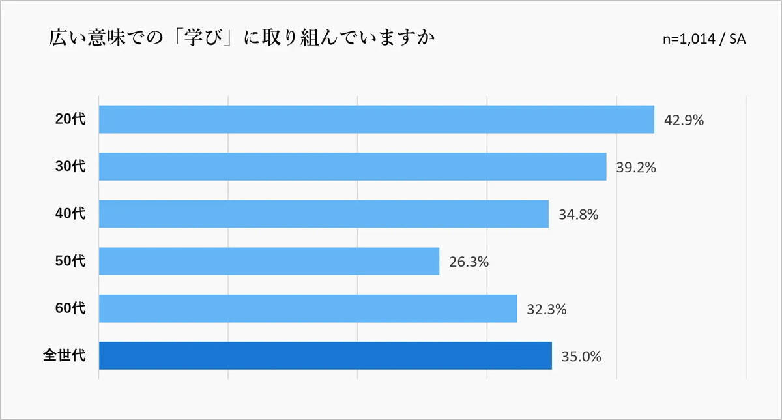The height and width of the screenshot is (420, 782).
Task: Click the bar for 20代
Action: click(376, 119)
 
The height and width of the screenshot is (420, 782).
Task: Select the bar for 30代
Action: click(353, 167)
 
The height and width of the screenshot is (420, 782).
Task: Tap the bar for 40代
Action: click(324, 214)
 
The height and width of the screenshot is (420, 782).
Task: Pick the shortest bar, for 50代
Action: click(269, 261)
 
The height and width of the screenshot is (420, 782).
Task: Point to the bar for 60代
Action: click(308, 308)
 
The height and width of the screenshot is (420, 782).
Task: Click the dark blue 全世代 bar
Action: click(325, 356)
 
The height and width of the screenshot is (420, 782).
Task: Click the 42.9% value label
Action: click(684, 121)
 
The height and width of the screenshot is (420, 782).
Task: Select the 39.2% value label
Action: click(636, 168)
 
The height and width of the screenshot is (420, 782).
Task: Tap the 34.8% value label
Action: click(578, 215)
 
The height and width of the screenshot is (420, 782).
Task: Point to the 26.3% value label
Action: click(469, 262)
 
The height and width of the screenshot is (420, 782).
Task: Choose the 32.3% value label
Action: click(546, 310)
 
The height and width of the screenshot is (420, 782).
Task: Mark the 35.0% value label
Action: click(581, 357)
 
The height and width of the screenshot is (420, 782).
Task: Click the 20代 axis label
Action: click(70, 119)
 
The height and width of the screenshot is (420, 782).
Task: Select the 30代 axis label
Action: click(70, 167)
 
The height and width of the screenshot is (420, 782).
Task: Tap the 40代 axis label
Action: click(70, 214)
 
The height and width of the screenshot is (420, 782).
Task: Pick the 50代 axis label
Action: click(70, 261)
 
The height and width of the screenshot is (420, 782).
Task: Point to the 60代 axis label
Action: click(70, 308)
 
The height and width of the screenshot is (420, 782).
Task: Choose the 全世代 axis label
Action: click(64, 356)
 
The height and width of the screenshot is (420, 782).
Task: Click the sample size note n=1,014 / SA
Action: click(704, 39)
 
